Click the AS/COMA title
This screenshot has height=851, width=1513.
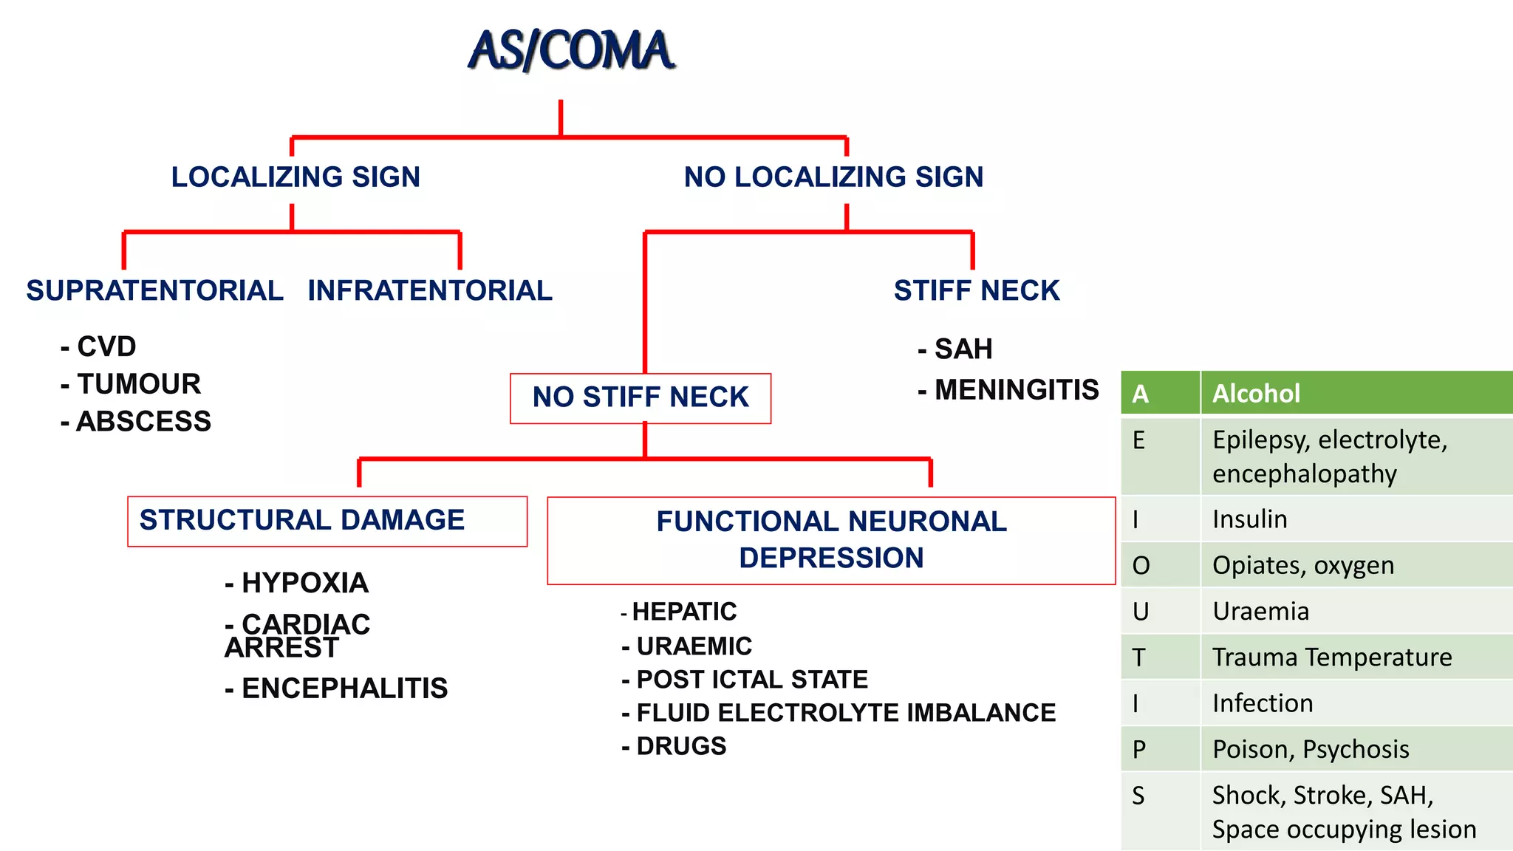point(572,50)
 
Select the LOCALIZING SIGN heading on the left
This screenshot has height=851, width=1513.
point(296,177)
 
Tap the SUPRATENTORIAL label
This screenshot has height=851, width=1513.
point(154,290)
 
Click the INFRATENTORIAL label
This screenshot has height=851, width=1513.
point(430,290)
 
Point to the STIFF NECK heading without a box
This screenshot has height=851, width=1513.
point(977,290)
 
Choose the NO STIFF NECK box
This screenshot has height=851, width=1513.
point(641,398)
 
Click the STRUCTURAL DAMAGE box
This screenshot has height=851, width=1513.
point(327,521)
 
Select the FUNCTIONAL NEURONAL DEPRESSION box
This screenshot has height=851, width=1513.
point(831,540)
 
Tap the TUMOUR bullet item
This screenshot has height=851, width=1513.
point(138,384)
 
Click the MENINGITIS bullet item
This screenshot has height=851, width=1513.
point(1016,390)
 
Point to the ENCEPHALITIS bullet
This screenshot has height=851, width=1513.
point(344,688)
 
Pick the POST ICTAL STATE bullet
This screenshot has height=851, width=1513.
point(751,680)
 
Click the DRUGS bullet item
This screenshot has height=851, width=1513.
point(680,746)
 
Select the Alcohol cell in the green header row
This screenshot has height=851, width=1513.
point(1256,394)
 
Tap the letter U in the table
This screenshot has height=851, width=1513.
point(1141,612)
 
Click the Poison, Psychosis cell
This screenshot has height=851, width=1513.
point(1311,749)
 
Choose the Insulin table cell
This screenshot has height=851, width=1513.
point(1249,519)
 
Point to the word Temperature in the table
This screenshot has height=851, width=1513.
point(1381,657)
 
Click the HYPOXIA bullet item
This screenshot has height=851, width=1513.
point(304,584)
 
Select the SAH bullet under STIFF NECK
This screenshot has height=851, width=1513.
point(963,349)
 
